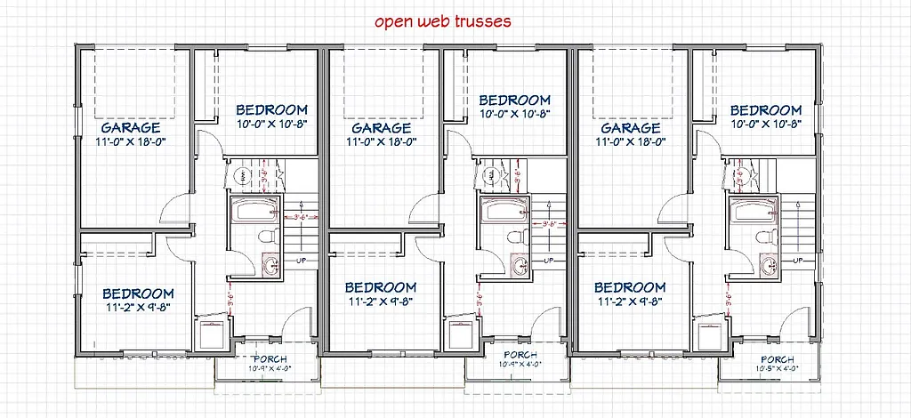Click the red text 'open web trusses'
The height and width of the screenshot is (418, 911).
point(442,21)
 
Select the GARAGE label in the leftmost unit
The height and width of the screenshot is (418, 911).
point(131,127)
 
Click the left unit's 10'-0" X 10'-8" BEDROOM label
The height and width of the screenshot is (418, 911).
point(272,110)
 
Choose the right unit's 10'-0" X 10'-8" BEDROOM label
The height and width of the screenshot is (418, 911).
point(766,110)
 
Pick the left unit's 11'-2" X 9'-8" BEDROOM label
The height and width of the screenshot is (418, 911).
point(137,293)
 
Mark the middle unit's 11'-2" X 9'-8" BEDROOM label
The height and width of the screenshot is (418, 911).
point(380,288)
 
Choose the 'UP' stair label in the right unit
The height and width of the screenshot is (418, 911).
point(797,261)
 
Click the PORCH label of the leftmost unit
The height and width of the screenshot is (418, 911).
point(265,358)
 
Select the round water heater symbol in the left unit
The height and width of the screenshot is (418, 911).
point(236,177)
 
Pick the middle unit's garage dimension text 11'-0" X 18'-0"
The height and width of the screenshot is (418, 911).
point(380,141)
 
